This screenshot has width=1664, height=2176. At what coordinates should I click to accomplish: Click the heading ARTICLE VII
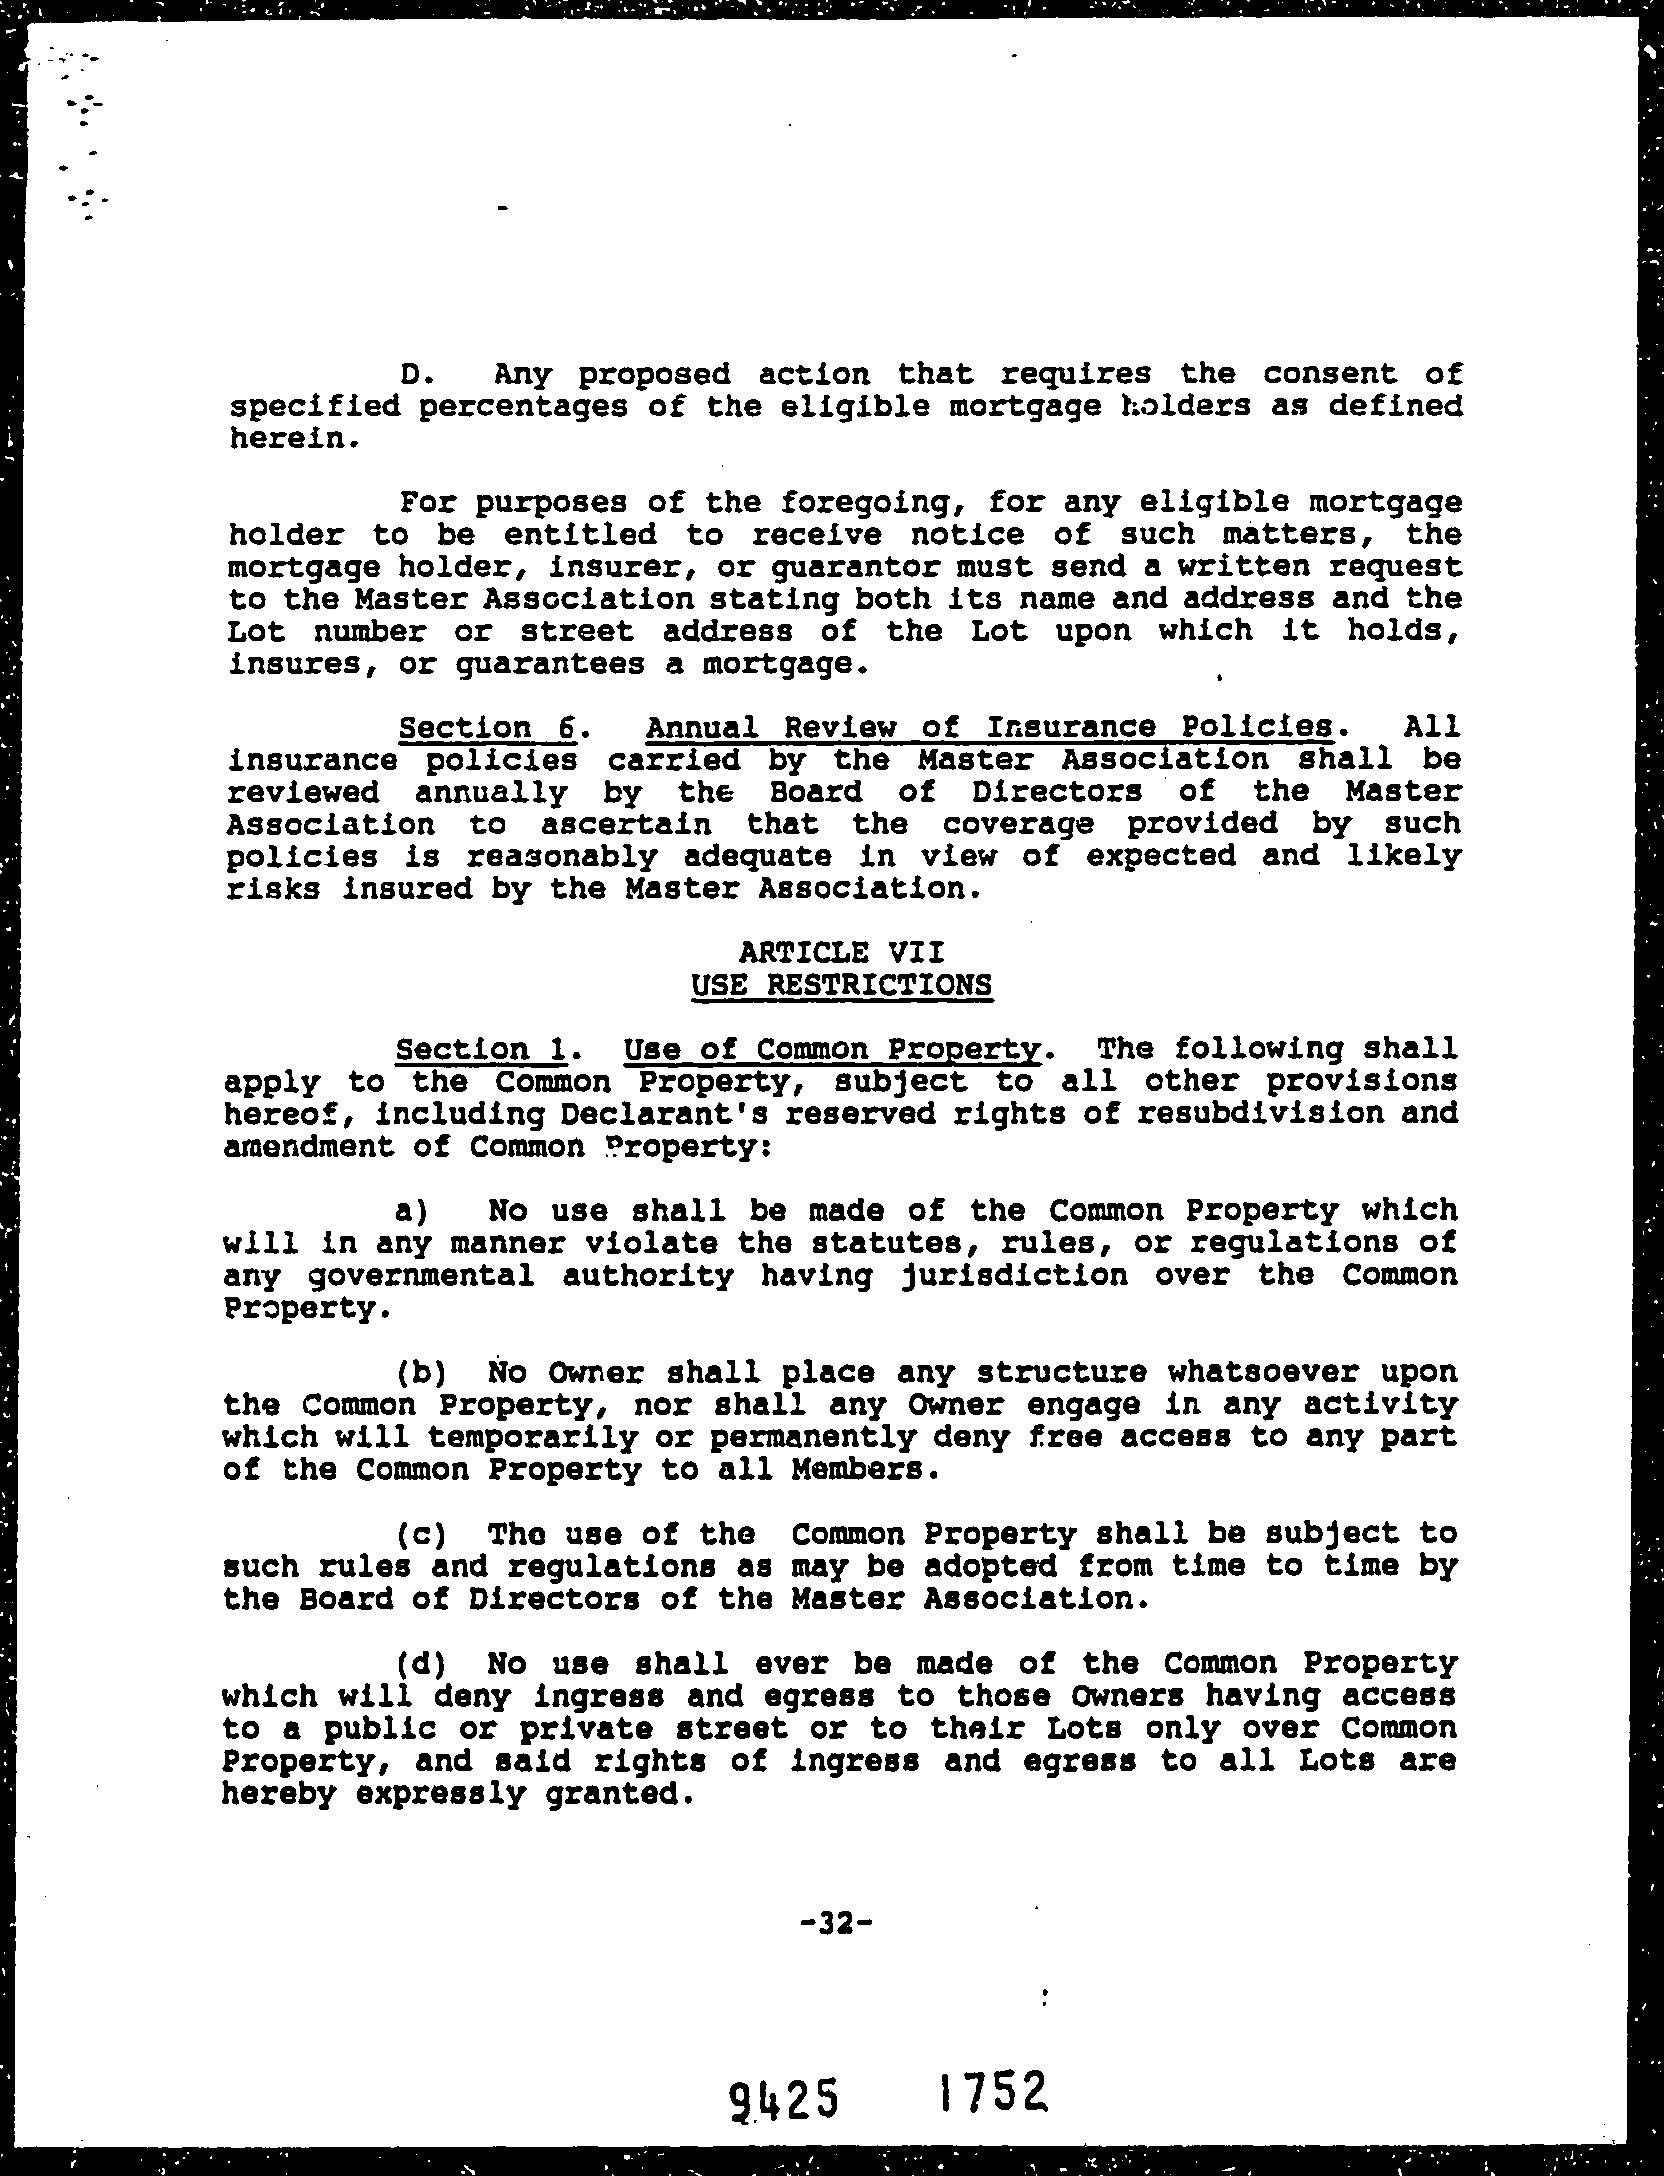click(x=841, y=951)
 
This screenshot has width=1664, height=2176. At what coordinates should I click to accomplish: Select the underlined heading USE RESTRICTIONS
click(x=841, y=984)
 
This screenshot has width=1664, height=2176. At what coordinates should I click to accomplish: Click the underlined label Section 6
click(x=487, y=727)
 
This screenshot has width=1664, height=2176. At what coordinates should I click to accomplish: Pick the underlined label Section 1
click(x=483, y=1049)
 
